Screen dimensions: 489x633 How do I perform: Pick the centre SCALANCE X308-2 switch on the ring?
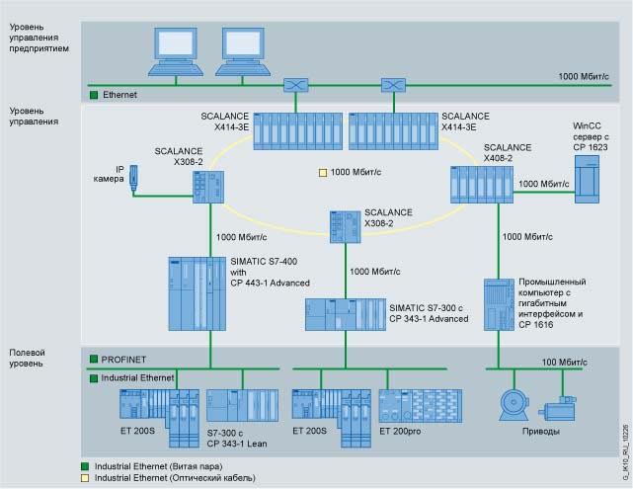tap(345, 227)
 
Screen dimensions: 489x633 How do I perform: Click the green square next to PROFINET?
tap(94, 360)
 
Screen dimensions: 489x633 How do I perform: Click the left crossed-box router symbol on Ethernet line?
tap(294, 84)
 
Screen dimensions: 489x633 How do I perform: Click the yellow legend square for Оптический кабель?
tap(86, 477)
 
